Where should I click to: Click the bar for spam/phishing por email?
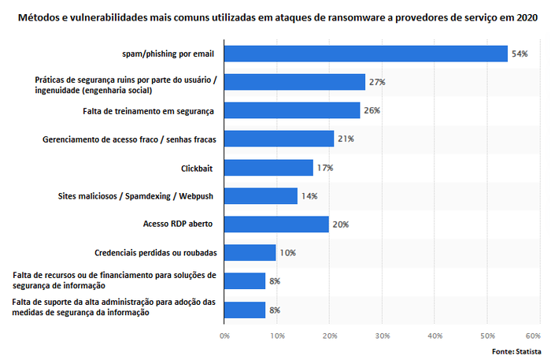coord(366,54)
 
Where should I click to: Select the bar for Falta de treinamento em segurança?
coord(292,110)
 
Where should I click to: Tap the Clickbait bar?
coord(268,167)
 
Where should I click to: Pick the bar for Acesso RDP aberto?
coord(276,225)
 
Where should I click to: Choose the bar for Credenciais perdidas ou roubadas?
coord(250,253)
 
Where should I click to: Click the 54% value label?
coord(520,54)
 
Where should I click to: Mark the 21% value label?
coord(346,139)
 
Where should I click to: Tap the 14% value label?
coord(309,196)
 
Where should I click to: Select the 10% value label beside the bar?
coord(288,253)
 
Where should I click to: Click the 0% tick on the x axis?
coord(224,336)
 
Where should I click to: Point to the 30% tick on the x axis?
coord(382,336)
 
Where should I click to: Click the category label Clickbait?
coord(198,168)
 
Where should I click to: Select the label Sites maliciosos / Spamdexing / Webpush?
coord(142,196)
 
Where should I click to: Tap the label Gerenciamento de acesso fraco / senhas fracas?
coord(129,139)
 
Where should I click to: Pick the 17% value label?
coord(325,168)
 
